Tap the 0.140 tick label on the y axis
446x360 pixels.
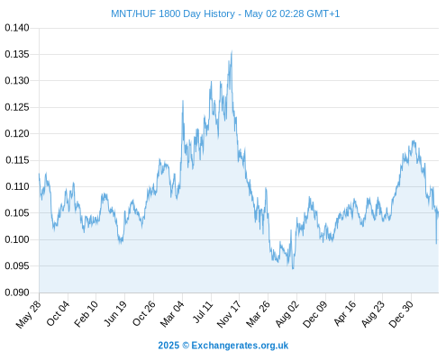point(17,28)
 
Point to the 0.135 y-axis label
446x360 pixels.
point(17,54)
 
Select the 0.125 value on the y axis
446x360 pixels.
point(17,107)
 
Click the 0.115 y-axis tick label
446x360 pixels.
point(17,160)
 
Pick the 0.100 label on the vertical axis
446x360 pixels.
point(17,239)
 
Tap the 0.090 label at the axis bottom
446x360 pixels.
point(17,292)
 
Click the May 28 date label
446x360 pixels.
point(29,314)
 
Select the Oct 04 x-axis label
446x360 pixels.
point(58,313)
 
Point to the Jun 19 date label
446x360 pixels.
point(115,313)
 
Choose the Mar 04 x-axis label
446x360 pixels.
point(172,314)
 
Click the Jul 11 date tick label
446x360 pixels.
point(203,311)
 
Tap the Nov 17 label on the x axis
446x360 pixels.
point(229,314)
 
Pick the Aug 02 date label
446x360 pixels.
point(287,314)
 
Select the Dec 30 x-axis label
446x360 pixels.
point(401,314)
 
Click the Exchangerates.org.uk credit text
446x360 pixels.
point(240,346)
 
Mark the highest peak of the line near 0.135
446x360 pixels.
point(232,51)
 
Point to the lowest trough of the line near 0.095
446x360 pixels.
point(293,268)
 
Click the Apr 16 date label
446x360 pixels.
point(344,313)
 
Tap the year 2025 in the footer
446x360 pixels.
point(168,346)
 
